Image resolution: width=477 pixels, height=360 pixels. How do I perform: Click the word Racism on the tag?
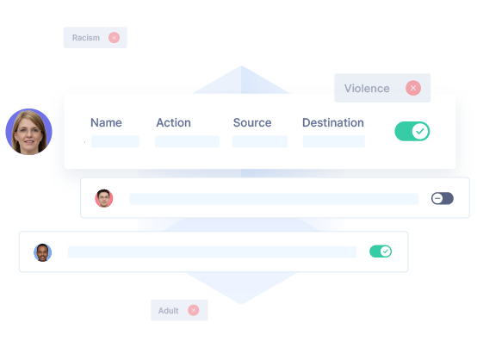(x=86, y=38)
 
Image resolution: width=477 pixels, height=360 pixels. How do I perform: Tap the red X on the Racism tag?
(x=114, y=38)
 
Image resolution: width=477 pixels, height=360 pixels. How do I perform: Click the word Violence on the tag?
(x=367, y=88)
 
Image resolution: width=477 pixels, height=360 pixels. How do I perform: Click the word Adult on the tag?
(x=168, y=311)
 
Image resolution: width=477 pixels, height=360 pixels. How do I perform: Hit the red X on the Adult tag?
(x=194, y=310)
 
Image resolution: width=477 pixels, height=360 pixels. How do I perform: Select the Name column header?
(x=106, y=122)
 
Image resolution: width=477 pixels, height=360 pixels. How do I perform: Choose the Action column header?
(x=173, y=122)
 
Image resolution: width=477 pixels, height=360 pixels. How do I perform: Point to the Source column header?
(x=252, y=122)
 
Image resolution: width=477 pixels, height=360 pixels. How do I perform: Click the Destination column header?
(x=333, y=122)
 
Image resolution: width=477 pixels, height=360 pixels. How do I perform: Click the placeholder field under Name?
(x=115, y=141)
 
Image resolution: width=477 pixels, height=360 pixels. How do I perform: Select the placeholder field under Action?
(x=187, y=141)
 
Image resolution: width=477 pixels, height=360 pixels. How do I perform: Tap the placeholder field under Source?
(x=260, y=141)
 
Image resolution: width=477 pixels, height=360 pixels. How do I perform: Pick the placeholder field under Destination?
(x=334, y=141)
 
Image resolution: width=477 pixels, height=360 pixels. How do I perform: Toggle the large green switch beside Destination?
(x=412, y=132)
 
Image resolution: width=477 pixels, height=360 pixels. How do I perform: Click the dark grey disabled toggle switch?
(x=443, y=198)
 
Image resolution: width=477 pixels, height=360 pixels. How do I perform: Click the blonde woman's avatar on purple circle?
(x=29, y=132)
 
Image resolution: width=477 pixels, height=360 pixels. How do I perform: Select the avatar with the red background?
(x=104, y=198)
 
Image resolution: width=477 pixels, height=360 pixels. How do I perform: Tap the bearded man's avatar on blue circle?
(x=42, y=252)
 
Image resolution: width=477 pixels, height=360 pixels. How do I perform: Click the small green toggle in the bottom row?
(x=381, y=251)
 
